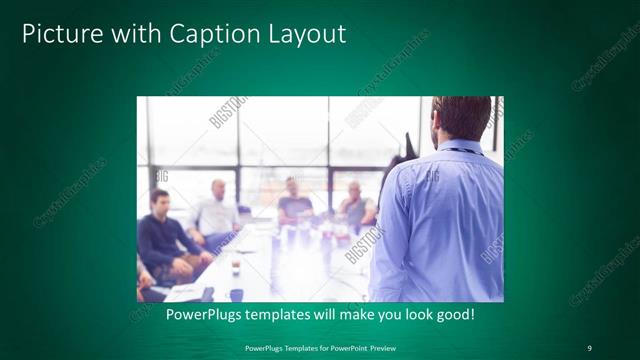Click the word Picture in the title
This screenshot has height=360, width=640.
[59, 34]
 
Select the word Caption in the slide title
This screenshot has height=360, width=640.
[207, 34]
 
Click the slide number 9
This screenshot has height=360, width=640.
[589, 347]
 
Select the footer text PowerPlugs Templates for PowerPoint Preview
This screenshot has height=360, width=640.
[319, 347]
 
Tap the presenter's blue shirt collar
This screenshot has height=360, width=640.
[462, 146]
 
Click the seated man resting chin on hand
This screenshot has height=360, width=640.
[355, 205]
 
